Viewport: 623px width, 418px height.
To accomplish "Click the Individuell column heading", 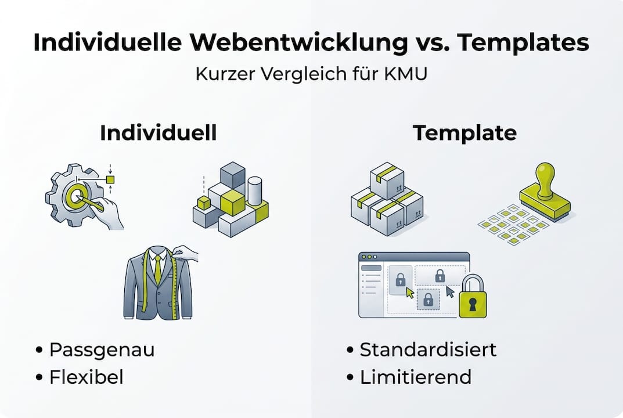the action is [158, 133].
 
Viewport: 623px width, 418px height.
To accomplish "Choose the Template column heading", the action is [464, 133].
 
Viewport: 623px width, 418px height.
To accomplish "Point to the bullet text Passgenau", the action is [102, 350].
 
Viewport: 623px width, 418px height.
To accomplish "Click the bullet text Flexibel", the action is [86, 377].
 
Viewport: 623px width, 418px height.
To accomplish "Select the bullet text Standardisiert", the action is [428, 350].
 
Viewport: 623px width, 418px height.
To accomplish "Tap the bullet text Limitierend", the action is [415, 377].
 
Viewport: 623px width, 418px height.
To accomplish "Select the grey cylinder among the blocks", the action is [255, 191].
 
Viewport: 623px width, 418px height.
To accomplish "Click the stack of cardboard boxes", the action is [386, 200].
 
